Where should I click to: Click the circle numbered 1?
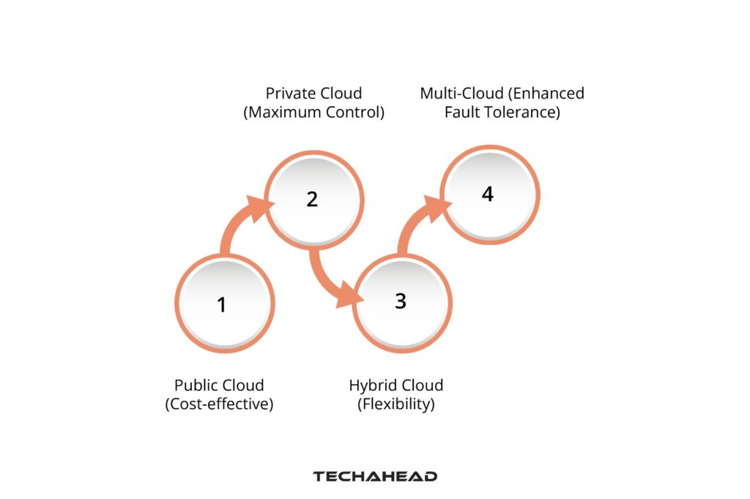223,303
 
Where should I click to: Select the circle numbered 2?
313,198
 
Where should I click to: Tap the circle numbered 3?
400,301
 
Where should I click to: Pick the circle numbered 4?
489,194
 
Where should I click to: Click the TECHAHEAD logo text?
375,476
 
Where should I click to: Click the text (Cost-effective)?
219,404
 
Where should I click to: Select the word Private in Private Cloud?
289,94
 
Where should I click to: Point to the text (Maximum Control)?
313,113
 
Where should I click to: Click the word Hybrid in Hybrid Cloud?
372,385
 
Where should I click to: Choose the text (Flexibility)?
396,404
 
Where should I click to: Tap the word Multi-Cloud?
458,94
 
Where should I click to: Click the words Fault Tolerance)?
502,113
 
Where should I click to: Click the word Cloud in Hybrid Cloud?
421,385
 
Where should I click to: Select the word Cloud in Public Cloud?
242,385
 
